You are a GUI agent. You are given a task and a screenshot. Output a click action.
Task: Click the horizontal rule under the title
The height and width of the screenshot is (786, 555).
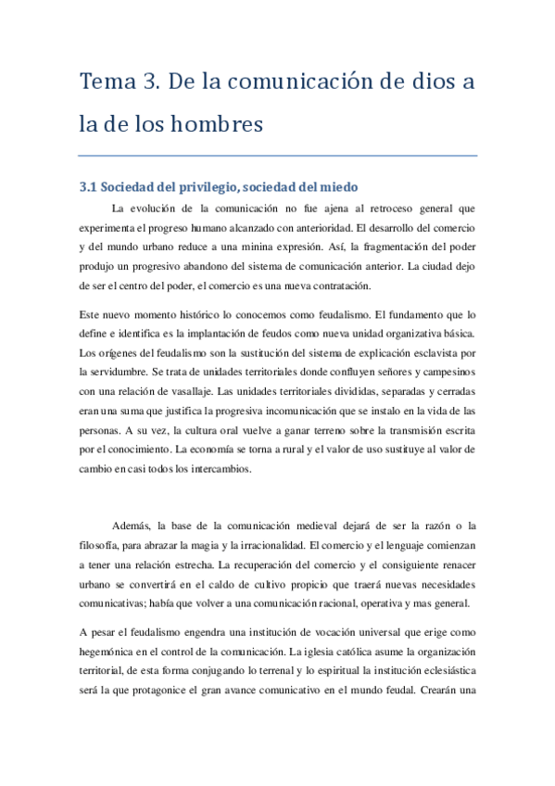pos(278,154)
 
